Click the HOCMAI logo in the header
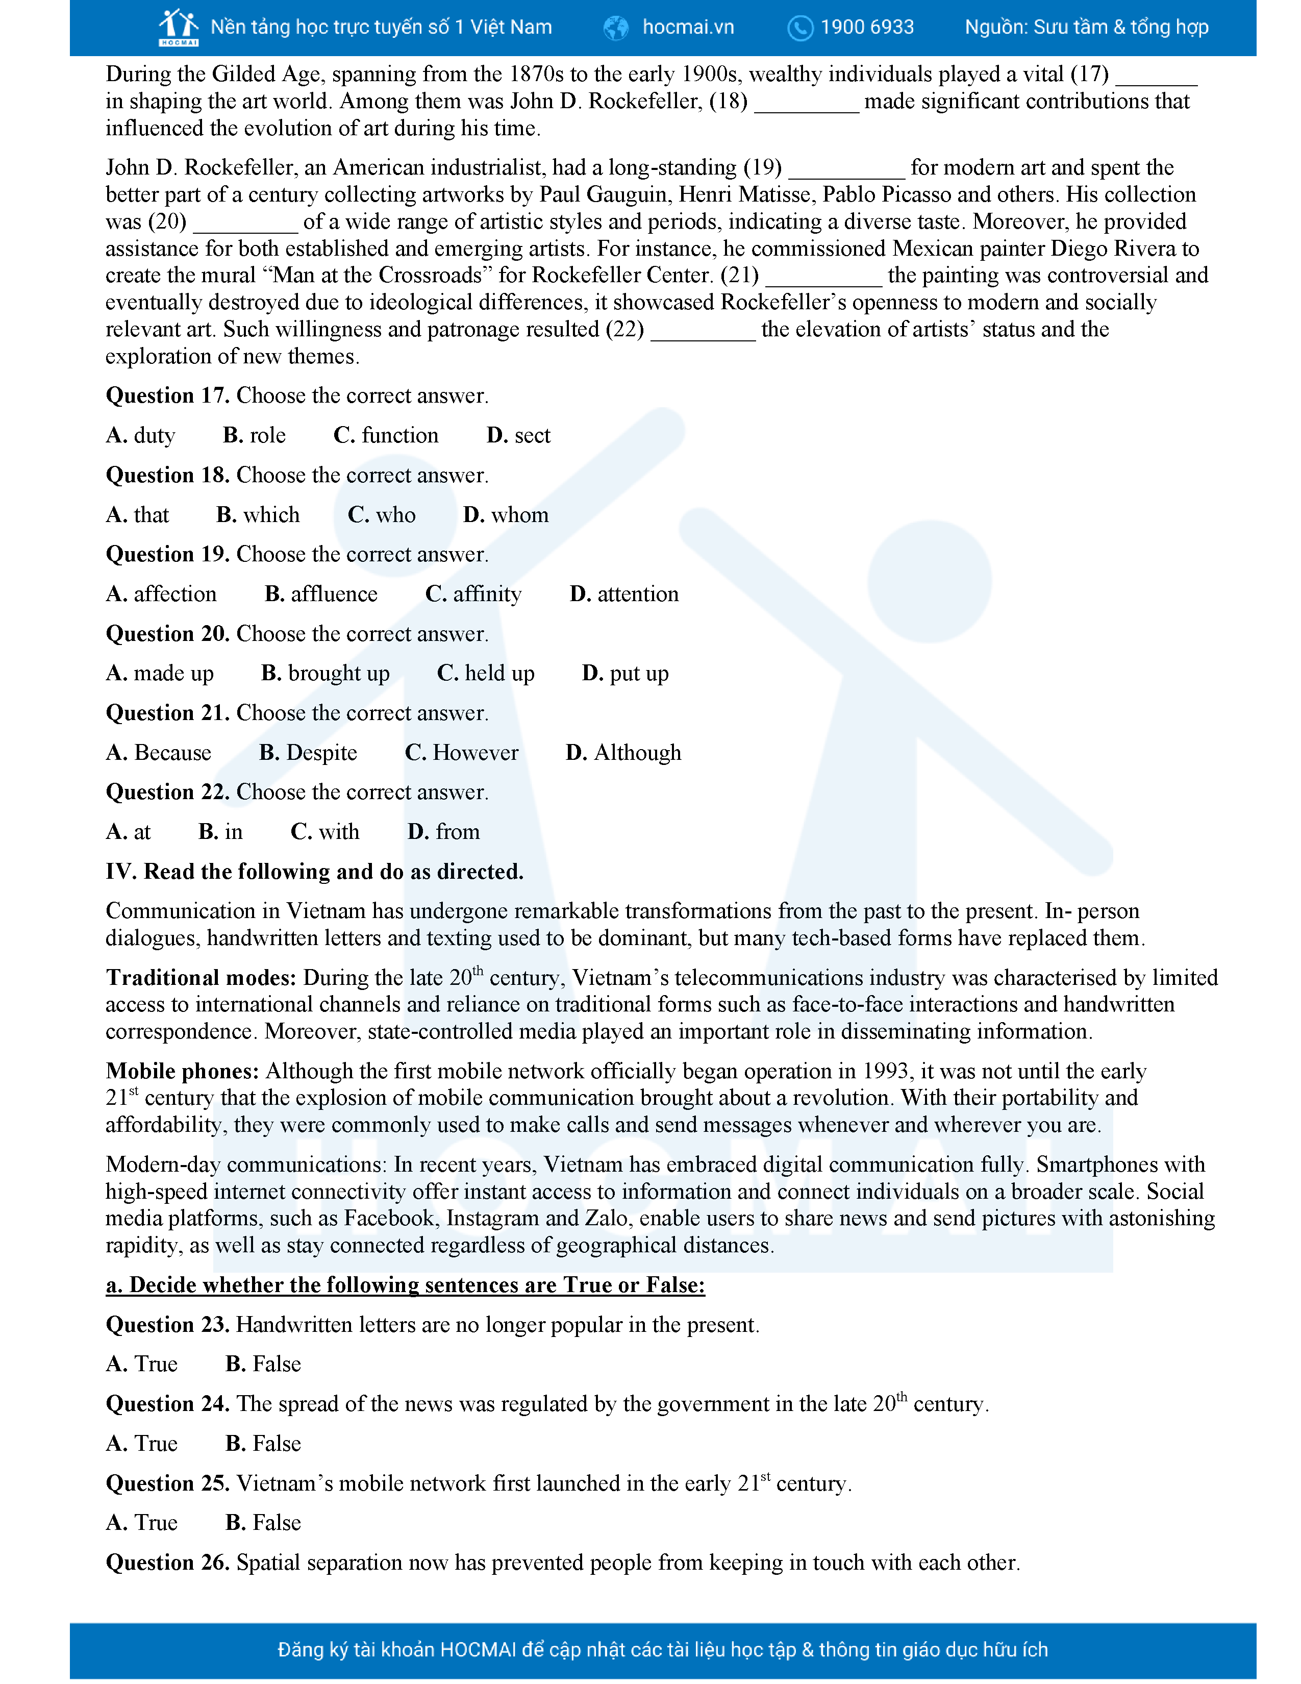[x=178, y=28]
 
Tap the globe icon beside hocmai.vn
[x=616, y=28]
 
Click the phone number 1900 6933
[x=866, y=28]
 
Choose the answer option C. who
[x=382, y=515]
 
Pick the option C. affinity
[x=473, y=595]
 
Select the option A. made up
[x=160, y=674]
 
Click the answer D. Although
[x=623, y=753]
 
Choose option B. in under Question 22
[x=220, y=832]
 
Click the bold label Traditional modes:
[x=201, y=978]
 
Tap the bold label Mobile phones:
[x=182, y=1071]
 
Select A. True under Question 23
[x=142, y=1364]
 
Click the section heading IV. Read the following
[x=314, y=872]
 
